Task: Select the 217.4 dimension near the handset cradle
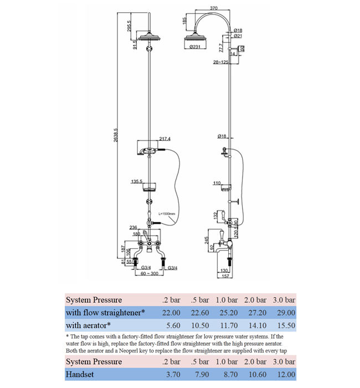point(164,139)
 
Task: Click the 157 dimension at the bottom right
point(226,275)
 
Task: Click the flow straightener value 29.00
point(284,313)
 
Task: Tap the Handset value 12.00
point(284,375)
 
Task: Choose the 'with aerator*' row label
point(89,325)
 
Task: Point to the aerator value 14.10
point(256,325)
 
